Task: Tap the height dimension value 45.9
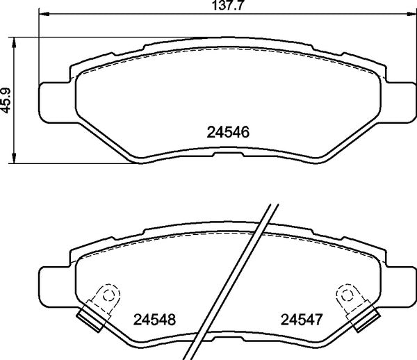point(7,100)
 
